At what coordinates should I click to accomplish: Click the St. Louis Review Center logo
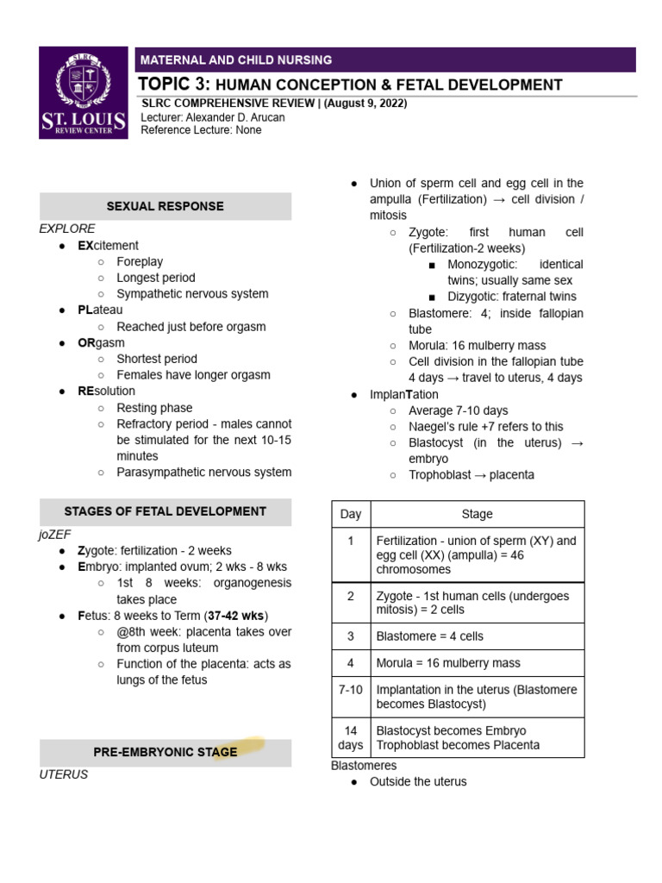[84, 91]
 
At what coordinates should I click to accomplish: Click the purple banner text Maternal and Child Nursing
[235, 60]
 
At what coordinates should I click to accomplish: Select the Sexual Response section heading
[165, 206]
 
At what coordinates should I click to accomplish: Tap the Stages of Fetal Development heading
[165, 511]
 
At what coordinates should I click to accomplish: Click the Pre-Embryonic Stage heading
[165, 752]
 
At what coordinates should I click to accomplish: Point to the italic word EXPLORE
[67, 229]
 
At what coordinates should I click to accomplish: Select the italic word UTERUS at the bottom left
[64, 774]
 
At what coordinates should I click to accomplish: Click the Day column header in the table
[351, 514]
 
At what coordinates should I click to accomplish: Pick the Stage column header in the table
[477, 514]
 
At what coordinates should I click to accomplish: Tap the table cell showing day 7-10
[351, 690]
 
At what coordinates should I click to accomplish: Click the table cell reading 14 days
[351, 737]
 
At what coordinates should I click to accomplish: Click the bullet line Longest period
[156, 278]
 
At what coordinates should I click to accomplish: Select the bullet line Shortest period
[157, 359]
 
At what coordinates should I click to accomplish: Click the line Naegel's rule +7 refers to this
[485, 426]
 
